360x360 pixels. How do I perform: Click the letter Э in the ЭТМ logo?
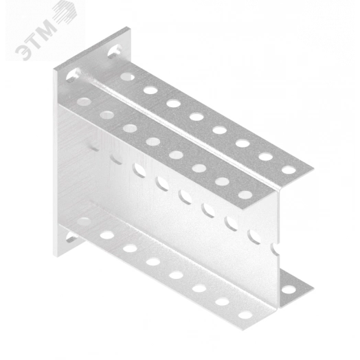[x=24, y=52]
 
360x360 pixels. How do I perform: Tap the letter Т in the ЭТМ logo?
[x=36, y=40]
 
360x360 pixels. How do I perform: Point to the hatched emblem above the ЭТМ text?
[x=65, y=11]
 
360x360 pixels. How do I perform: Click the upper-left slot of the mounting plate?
[x=74, y=75]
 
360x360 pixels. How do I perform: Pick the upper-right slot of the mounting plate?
[x=115, y=51]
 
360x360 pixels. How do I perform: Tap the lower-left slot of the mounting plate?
[x=73, y=237]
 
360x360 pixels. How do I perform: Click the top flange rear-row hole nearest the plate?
[x=127, y=76]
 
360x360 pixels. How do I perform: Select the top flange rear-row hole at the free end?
[x=289, y=170]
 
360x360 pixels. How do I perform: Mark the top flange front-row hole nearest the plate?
[x=84, y=101]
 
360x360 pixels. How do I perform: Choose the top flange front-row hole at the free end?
[x=245, y=194]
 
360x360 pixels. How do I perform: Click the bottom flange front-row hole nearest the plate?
[x=84, y=221]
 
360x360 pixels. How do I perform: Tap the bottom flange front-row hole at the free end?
[x=245, y=315]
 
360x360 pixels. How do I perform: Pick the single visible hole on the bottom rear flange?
[x=289, y=290]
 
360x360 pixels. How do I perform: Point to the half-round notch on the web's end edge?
[x=276, y=249]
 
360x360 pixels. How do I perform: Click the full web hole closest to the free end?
[x=254, y=236]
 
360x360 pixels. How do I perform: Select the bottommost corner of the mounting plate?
[x=58, y=256]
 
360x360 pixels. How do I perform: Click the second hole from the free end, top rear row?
[x=265, y=157]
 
